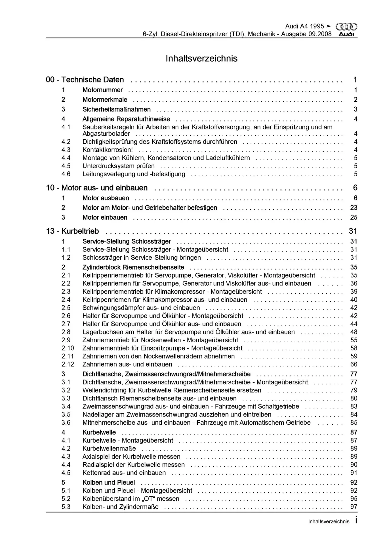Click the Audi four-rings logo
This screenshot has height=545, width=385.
point(346,27)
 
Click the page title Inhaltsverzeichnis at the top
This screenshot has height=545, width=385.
point(201,58)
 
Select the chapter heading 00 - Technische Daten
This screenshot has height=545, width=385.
point(85,80)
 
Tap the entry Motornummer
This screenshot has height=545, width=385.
point(102,90)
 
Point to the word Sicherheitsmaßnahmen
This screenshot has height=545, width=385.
point(116,109)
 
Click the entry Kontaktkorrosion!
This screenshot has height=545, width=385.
point(108,150)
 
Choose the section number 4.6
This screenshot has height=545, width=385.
point(66,174)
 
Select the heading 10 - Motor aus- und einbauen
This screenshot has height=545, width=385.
point(97,188)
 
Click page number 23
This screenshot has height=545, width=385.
point(354,208)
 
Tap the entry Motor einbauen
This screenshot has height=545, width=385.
point(105,217)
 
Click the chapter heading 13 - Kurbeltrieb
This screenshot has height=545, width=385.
point(72,231)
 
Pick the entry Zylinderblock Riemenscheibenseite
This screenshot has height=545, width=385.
point(133,267)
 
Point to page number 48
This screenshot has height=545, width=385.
point(354,332)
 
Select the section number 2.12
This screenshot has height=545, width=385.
point(68,364)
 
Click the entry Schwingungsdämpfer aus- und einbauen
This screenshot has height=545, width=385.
point(141,308)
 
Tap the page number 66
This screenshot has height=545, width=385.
point(354,364)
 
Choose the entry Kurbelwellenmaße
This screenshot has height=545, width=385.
point(109,448)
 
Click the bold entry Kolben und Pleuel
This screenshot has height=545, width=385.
point(109,482)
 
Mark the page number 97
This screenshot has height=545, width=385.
point(354,507)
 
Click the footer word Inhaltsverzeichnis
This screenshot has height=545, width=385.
point(329,521)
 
